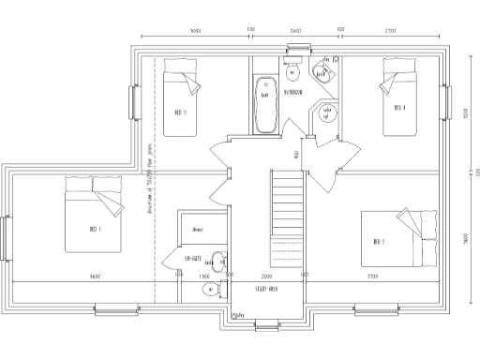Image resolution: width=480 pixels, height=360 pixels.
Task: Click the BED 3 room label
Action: tap(180, 112)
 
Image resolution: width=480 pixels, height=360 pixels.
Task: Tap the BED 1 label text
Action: tap(95, 229)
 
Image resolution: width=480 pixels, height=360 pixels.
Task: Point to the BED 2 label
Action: tap(379, 241)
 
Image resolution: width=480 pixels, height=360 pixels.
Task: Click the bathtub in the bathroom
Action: tap(264, 96)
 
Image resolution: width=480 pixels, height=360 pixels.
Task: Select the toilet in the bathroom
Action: tap(292, 72)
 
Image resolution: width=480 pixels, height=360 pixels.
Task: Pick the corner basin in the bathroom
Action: tap(322, 72)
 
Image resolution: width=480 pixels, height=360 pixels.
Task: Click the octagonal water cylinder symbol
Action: tap(326, 113)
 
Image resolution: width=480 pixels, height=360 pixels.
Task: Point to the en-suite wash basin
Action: tap(217, 262)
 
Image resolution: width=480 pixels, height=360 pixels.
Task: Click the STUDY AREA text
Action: tap(269, 291)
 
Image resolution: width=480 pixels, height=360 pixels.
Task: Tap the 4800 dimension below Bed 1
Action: tap(96, 277)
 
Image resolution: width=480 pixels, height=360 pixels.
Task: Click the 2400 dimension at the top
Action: tap(296, 31)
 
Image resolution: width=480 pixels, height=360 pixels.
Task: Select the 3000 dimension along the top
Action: tap(195, 31)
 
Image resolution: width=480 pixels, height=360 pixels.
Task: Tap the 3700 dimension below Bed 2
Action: tap(372, 277)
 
